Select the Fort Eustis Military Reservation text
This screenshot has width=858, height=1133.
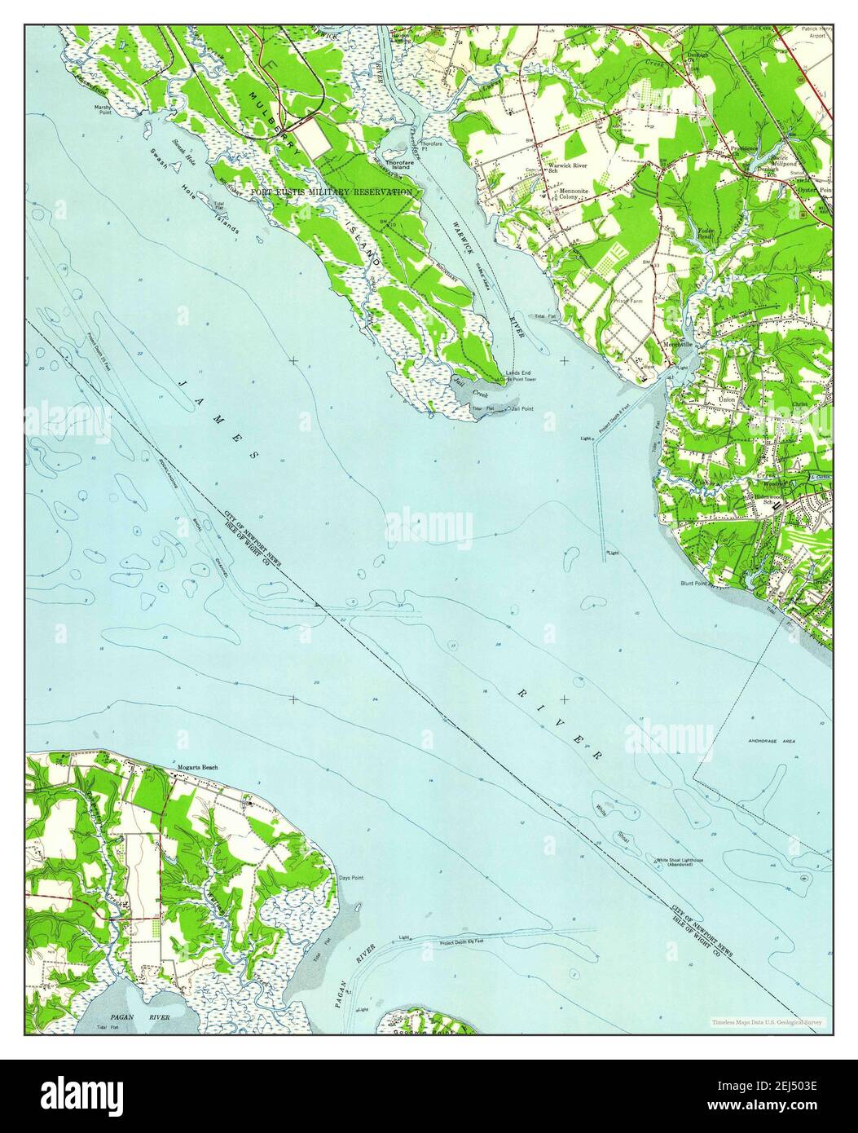pos(332,192)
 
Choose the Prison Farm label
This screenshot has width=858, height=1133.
pos(631,298)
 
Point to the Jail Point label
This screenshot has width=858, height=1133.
pos(521,408)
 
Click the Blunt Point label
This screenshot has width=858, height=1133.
pos(697,584)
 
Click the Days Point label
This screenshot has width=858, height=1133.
pos(350,878)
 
